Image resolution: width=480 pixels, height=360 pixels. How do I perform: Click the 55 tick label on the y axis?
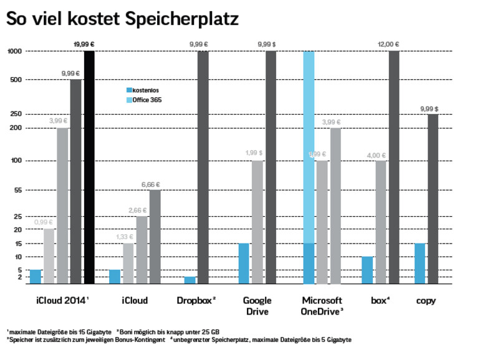tap(17, 190)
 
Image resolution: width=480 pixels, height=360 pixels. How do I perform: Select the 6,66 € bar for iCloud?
tap(155, 237)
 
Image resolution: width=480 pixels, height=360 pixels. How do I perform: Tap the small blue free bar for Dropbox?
tap(190, 280)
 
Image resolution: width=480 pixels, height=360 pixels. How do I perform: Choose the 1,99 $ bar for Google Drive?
tap(257, 222)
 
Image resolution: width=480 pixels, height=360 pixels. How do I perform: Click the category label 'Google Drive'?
tap(257, 305)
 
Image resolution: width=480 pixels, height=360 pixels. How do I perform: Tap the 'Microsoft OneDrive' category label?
tap(322, 305)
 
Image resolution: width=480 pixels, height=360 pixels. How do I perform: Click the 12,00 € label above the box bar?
tap(388, 44)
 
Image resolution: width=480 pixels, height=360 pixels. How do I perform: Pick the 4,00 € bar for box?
tap(380, 222)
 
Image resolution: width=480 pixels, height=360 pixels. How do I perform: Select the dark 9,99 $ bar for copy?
tap(433, 199)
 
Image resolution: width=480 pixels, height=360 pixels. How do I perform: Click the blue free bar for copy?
tap(420, 263)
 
